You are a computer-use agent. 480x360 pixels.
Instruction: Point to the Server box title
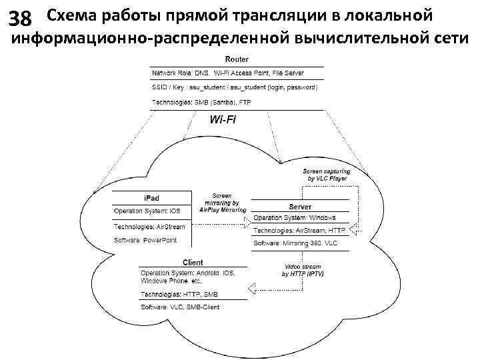click(x=300, y=207)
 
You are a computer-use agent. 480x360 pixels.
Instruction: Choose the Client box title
click(x=193, y=263)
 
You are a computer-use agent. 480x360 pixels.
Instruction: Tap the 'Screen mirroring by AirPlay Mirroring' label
click(x=223, y=203)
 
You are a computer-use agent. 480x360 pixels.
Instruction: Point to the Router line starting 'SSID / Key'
click(x=235, y=87)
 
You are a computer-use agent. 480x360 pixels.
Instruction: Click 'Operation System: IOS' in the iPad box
click(x=147, y=211)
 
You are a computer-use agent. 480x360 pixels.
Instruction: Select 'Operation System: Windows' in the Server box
click(x=295, y=217)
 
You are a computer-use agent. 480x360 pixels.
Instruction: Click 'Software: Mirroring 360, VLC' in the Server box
click(x=296, y=244)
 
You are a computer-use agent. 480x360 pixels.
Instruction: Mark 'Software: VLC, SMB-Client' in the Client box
click(x=180, y=307)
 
